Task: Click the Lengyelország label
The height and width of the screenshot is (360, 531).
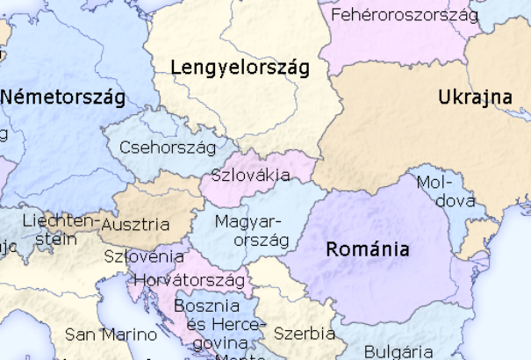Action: click(x=240, y=68)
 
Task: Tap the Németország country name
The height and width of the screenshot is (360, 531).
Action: click(x=62, y=96)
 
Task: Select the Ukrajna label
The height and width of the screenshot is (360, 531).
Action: click(x=475, y=97)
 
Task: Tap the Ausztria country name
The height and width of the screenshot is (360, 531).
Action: click(x=136, y=224)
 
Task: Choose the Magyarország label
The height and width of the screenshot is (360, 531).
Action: click(x=250, y=229)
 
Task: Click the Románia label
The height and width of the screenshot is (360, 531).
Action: click(x=367, y=248)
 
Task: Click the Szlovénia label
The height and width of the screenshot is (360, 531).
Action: click(x=144, y=256)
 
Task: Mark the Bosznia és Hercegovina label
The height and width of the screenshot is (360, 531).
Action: click(x=209, y=324)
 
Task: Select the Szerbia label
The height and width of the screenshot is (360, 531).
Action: click(x=304, y=334)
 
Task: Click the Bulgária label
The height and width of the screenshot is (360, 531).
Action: click(x=398, y=351)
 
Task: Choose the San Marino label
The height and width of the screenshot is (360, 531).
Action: click(x=111, y=335)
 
